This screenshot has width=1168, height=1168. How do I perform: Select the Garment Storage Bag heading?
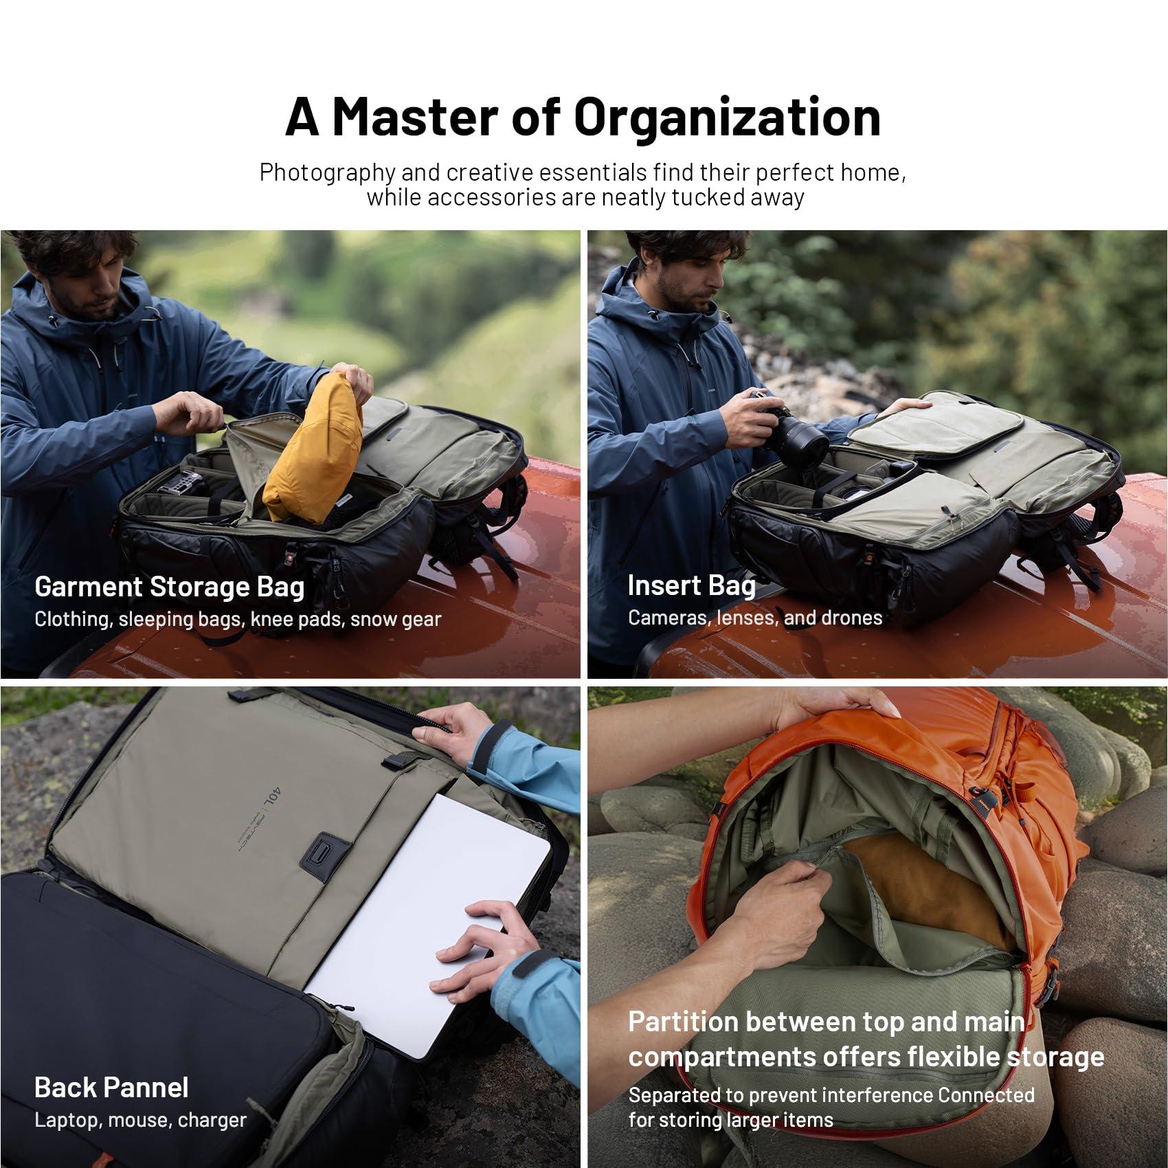tap(169, 587)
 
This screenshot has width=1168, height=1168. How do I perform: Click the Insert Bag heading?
tap(691, 586)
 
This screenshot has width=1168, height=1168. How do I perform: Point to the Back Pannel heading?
tap(111, 1088)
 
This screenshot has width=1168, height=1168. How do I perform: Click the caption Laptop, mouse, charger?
tap(140, 1120)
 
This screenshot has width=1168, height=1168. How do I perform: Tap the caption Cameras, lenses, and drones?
tap(754, 618)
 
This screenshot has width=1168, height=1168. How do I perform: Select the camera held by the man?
tap(790, 433)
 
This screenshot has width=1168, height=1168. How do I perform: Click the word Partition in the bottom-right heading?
tap(682, 1022)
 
